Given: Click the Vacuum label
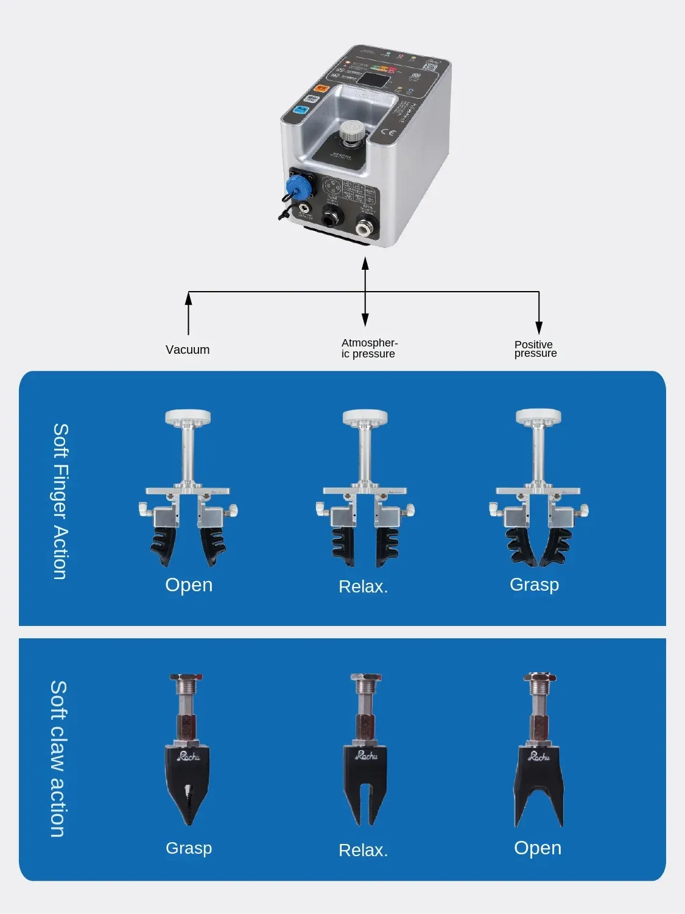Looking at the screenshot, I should (x=188, y=350).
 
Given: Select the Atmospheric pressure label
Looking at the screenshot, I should (x=369, y=348).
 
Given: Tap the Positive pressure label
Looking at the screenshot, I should (x=535, y=349).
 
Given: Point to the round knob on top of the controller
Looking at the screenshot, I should (x=351, y=130).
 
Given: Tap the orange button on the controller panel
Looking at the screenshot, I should (x=321, y=88).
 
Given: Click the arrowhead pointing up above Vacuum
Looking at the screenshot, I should (x=188, y=298).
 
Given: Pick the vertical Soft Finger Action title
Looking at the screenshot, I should (x=60, y=501).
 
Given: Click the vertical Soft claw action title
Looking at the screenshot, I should (x=58, y=759).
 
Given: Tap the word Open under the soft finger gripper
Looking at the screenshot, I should (x=189, y=585).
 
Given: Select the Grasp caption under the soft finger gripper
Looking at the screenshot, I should (x=534, y=585).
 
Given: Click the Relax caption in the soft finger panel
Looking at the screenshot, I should (x=363, y=586).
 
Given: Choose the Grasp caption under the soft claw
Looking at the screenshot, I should (x=189, y=848).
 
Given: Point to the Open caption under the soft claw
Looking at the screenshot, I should (x=537, y=848).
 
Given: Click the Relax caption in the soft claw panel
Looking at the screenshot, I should (x=363, y=850).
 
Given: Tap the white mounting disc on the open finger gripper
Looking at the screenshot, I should (x=188, y=417).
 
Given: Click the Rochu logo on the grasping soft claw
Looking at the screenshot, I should (x=188, y=756).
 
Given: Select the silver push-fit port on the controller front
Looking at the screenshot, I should (x=365, y=228).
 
